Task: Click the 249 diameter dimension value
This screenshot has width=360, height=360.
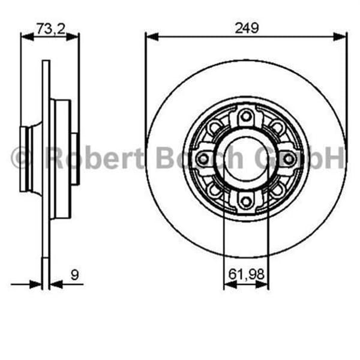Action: [246, 28]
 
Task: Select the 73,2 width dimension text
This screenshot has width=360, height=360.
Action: [50, 28]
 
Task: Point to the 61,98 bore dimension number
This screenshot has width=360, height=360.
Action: [246, 274]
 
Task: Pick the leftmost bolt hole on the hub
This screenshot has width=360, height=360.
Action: [203, 158]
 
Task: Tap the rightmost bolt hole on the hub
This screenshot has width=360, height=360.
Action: [289, 158]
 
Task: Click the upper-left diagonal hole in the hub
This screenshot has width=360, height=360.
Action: [215, 127]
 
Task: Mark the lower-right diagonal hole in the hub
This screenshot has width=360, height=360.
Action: [276, 189]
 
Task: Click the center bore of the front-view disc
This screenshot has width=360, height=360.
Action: [245, 158]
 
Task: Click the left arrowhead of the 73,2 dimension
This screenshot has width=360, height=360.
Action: [26, 37]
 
